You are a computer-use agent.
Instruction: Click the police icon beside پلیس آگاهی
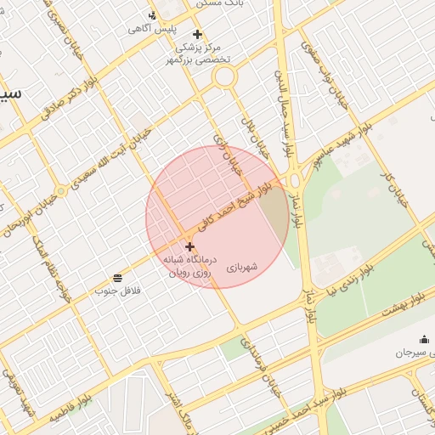(x=152, y=14)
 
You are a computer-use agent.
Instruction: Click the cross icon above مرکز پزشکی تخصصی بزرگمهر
(x=198, y=35)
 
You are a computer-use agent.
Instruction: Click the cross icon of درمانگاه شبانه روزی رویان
(x=189, y=246)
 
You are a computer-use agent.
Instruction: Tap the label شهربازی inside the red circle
(x=241, y=268)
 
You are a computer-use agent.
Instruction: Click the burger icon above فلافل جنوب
(x=116, y=278)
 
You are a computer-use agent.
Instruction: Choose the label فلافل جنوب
(x=116, y=291)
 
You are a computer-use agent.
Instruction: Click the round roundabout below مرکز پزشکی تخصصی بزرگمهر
(x=224, y=76)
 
